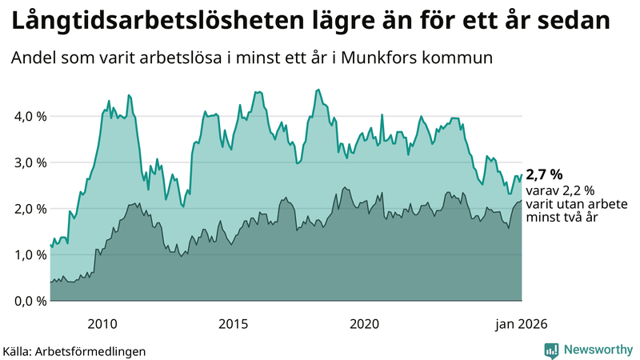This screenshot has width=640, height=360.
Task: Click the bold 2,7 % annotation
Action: pos(544,174)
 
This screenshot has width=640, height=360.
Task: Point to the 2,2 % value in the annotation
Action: pos(577,190)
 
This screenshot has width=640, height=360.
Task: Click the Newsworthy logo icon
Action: pos(551,350)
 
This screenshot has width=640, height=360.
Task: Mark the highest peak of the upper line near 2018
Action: pos(318,90)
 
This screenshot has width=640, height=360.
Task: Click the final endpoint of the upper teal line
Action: pos(522,175)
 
